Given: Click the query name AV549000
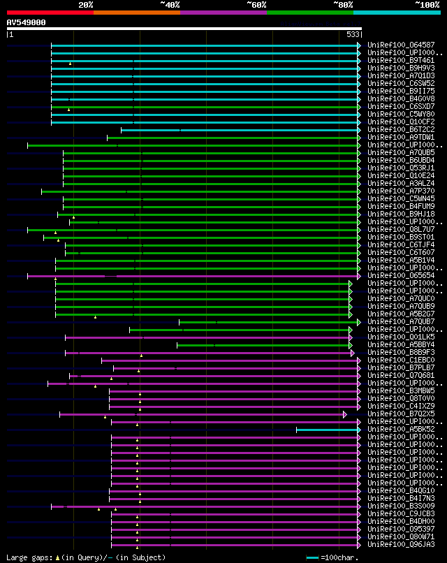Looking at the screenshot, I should tap(27, 22).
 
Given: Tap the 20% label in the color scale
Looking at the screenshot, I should tap(86, 4).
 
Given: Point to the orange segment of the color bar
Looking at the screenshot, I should tap(136, 12).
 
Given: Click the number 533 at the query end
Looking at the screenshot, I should tap(353, 34).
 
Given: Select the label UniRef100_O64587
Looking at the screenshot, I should tap(400, 45).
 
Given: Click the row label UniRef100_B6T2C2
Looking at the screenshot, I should tap(400, 130).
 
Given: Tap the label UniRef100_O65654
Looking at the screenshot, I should tap(400, 276).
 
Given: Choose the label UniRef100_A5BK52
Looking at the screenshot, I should tap(400, 430).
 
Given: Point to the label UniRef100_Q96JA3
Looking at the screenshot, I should tap(400, 545).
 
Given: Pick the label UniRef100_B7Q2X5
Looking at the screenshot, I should tap(400, 414).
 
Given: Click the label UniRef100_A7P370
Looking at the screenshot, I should tap(400, 191).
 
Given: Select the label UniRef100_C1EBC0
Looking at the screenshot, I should tap(400, 360).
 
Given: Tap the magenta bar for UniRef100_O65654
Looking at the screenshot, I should tap(210, 276).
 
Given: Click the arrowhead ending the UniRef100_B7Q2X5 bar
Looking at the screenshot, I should tap(345, 414).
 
